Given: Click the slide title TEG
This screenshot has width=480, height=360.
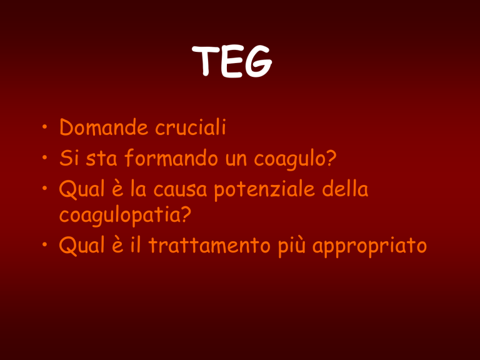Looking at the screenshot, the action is click(232, 61).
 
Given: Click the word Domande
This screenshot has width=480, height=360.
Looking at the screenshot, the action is click(104, 127).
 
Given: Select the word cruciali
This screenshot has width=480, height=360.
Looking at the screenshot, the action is click(191, 127).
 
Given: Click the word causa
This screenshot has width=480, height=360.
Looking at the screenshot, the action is click(180, 190).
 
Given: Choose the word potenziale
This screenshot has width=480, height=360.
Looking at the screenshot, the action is click(264, 191).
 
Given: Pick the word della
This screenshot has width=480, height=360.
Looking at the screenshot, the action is click(345, 189).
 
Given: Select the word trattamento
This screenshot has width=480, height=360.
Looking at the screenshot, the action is click(210, 246).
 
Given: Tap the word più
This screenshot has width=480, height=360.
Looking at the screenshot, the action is click(292, 247).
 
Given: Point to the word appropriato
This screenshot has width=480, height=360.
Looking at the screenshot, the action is click(369, 247).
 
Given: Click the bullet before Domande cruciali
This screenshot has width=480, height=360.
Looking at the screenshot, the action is click(45, 126).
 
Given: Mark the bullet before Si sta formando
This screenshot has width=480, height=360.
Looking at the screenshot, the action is click(45, 157).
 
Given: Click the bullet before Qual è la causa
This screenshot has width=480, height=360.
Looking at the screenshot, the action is click(45, 188).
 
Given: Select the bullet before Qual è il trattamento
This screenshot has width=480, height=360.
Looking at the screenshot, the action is click(45, 245).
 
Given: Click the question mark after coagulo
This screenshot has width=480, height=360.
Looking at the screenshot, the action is click(331, 158).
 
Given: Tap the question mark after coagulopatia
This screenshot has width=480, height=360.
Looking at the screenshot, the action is click(186, 214).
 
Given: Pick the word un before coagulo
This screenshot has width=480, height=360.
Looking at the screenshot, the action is click(236, 160).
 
